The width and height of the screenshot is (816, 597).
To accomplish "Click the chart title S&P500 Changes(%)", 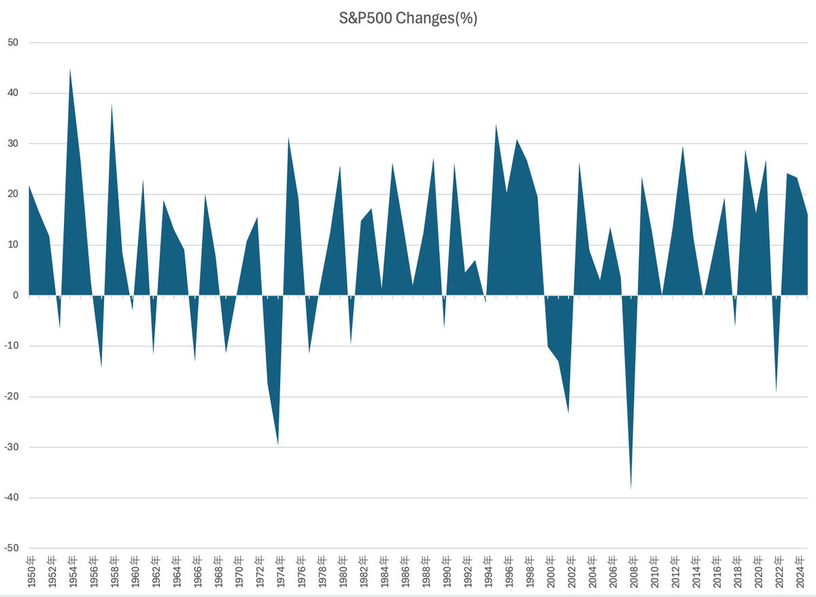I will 408,18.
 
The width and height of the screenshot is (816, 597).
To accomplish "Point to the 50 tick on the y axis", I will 13,43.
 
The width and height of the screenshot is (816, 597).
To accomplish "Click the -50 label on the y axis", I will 12,549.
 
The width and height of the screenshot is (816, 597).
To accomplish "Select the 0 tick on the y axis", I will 16,296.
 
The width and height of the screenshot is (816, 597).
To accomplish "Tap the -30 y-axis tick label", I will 12,447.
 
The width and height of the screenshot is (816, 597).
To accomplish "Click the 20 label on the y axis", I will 13,194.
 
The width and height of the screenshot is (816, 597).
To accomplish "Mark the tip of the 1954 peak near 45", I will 70,69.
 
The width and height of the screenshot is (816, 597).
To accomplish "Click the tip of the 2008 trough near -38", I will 631,489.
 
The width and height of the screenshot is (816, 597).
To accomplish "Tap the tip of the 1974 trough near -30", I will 278,445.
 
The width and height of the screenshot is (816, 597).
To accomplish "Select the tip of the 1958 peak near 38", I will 112,103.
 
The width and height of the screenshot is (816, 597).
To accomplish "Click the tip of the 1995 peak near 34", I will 496,123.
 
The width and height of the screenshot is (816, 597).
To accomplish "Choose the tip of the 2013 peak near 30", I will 683,146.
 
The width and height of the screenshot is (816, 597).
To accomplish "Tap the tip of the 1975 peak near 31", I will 288,137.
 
